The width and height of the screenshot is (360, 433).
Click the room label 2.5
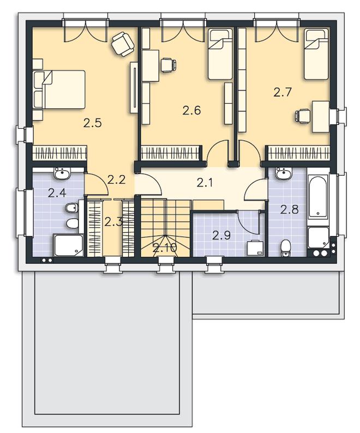click(x=93, y=123)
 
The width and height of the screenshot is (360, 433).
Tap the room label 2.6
click(x=191, y=111)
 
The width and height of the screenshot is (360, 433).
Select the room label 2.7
click(x=283, y=92)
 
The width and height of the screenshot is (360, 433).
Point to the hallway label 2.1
click(x=206, y=183)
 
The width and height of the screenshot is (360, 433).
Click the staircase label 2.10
click(x=165, y=248)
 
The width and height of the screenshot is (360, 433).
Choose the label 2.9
click(x=221, y=235)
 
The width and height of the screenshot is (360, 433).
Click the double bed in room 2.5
click(x=59, y=89)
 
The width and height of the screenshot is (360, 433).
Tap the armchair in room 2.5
click(x=123, y=44)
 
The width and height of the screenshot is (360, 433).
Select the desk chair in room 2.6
click(x=168, y=65)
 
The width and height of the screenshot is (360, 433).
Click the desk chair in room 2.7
click(x=302, y=116)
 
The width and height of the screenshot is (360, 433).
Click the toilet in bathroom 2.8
click(x=285, y=248)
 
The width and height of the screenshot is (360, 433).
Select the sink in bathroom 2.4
click(x=62, y=173)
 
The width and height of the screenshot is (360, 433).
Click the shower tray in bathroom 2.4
click(x=68, y=245)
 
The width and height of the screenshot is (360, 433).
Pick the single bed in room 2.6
click(x=220, y=55)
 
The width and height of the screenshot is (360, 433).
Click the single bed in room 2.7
click(x=316, y=55)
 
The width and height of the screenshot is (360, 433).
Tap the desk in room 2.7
click(x=321, y=117)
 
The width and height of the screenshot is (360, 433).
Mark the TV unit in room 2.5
click(x=134, y=87)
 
